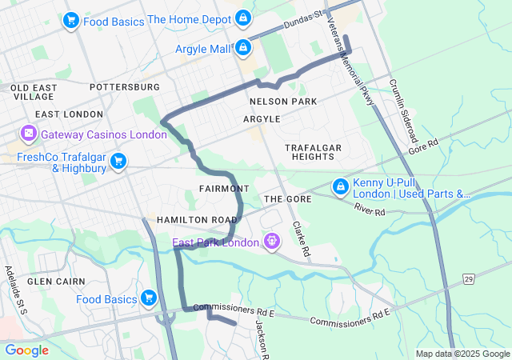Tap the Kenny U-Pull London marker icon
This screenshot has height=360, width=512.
point(340,186)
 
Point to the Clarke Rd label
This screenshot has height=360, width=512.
point(302,238)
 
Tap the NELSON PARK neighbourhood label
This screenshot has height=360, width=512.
point(282,102)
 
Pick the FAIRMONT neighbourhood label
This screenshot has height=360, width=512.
point(219,188)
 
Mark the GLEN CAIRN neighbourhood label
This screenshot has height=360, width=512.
point(52,282)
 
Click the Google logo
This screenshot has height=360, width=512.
point(27,350)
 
